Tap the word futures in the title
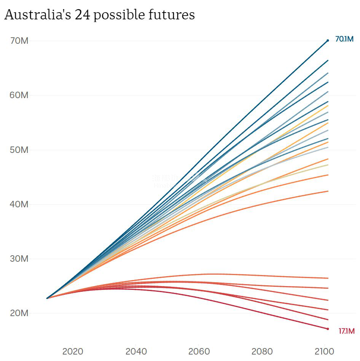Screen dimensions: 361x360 point(174,15)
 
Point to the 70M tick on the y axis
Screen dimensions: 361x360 point(19,40)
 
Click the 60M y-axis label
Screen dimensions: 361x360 point(19,95)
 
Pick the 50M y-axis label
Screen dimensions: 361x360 point(19,149)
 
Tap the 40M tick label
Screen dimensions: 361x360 point(19,204)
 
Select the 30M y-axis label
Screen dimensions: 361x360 point(19,259)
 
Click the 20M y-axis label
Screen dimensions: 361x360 point(19,313)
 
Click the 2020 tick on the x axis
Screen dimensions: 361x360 point(73,351)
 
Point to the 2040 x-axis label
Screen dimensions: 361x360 point(136,351)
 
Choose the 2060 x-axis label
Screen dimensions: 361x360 point(199,351)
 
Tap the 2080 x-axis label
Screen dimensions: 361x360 point(262,351)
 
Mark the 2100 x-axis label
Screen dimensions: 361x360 point(325,351)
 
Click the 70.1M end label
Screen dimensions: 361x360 point(344,39)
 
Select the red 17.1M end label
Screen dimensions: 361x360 point(346,331)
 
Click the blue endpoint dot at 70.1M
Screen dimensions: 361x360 point(328,40)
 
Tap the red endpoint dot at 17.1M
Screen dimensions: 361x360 point(328,329)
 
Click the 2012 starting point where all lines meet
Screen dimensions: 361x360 point(48,298)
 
